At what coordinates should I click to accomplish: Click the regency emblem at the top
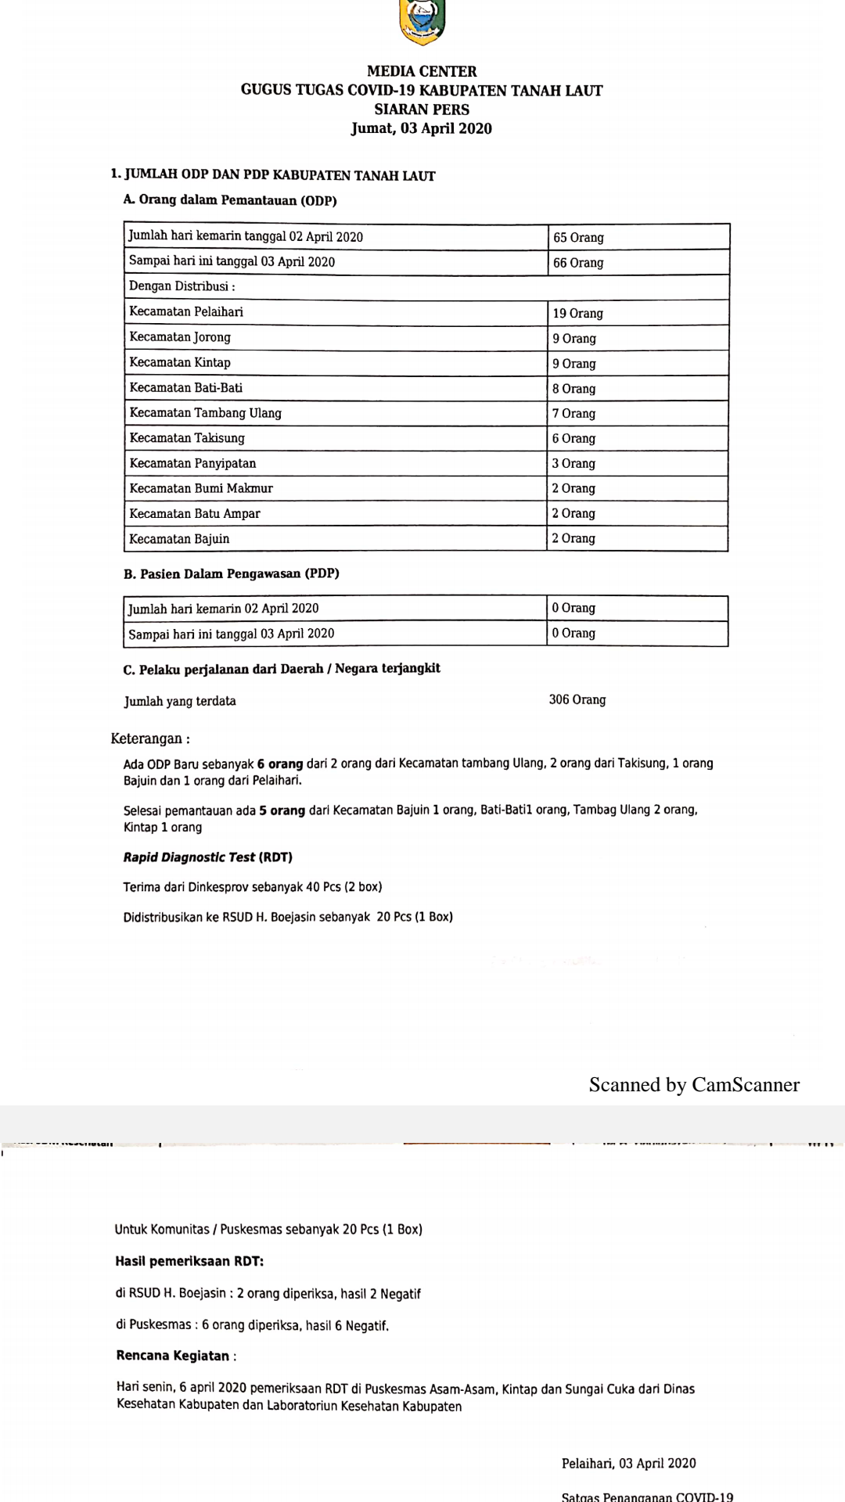[422, 22]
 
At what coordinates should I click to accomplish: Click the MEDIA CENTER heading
[422, 71]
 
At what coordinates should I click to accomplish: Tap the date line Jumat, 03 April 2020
[421, 128]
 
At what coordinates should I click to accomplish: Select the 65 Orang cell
[578, 237]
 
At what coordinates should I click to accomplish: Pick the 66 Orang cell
[578, 263]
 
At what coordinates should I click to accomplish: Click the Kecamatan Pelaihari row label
[186, 312]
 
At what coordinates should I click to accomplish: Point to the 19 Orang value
[577, 313]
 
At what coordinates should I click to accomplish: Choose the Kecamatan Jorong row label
[180, 337]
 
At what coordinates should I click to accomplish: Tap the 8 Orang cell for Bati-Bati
[574, 388]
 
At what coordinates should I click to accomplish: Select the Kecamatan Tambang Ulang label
[205, 413]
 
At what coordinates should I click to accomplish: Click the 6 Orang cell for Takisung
[574, 438]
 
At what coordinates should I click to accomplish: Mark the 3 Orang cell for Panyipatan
[574, 463]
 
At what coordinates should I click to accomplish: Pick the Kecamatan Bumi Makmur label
[201, 488]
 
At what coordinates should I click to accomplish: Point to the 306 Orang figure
[577, 699]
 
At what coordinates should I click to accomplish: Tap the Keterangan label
[149, 738]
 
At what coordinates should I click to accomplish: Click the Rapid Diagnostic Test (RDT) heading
[207, 857]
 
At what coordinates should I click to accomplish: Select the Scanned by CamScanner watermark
[694, 1084]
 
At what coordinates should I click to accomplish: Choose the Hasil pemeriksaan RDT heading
[189, 1261]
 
